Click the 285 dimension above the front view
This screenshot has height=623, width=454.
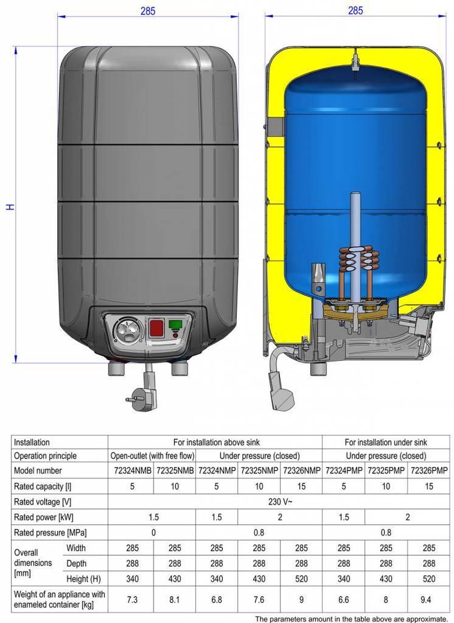(148, 11)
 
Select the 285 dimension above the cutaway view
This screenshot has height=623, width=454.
(355, 11)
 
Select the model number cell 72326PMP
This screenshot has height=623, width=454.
(429, 470)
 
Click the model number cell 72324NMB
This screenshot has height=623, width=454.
(130, 470)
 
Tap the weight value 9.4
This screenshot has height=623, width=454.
(429, 600)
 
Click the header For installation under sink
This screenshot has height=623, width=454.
(385, 442)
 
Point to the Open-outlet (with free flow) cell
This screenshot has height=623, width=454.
(152, 456)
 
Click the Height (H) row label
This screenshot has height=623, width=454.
(84, 579)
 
